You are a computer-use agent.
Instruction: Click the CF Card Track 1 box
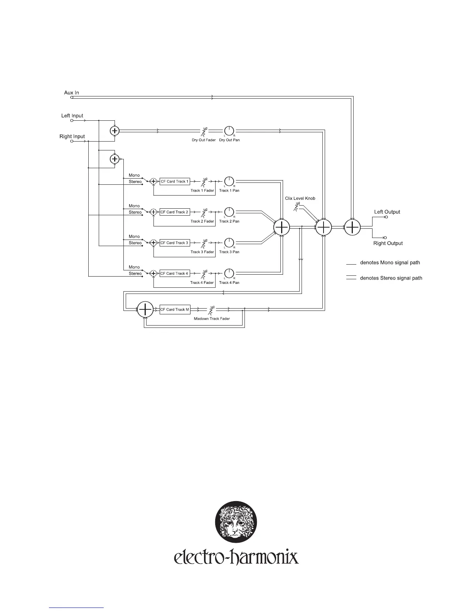point(175,181)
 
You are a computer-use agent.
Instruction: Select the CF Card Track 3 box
point(175,243)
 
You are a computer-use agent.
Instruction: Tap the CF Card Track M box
point(175,309)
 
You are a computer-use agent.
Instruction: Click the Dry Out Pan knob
point(229,131)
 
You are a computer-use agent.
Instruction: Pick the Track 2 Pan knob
point(229,212)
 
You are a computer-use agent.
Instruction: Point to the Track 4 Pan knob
point(229,273)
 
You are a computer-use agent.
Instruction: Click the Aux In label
point(71,93)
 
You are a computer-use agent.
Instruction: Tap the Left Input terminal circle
point(72,120)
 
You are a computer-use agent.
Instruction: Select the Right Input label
point(72,137)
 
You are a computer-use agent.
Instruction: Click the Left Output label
point(387,212)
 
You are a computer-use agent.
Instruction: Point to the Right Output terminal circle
point(385,238)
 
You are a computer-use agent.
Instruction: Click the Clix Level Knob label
point(300,198)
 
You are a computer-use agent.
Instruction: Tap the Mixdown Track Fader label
point(212,319)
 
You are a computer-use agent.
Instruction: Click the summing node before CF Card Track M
point(145,309)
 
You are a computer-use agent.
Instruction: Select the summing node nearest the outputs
point(352,228)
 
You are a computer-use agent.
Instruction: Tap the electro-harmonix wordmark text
point(236,557)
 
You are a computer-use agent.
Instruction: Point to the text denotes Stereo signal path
point(391,278)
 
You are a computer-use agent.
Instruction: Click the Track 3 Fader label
point(202,252)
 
